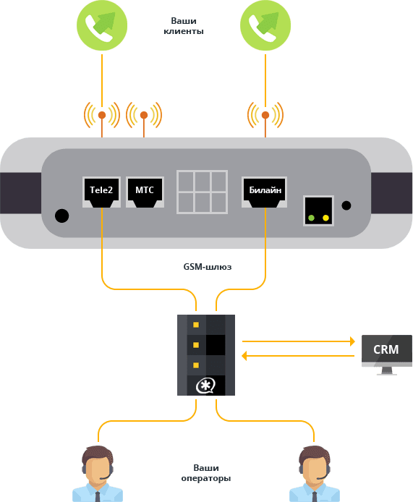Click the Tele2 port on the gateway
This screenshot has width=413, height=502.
(101, 192)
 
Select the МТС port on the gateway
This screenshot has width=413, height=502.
(145, 192)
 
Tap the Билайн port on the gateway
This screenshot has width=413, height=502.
(265, 192)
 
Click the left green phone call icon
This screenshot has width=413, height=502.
(102, 25)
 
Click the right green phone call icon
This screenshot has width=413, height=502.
(265, 25)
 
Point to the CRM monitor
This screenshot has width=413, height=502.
(387, 354)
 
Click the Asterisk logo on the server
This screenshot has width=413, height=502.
(205, 386)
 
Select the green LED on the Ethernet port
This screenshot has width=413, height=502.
(311, 218)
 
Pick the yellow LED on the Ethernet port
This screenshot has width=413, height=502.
(326, 218)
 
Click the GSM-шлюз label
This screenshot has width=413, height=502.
(208, 267)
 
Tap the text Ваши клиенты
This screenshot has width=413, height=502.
(184, 26)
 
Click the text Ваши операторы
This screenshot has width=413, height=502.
(206, 473)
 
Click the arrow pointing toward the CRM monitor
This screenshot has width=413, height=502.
(299, 341)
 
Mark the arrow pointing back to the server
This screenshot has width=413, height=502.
(298, 356)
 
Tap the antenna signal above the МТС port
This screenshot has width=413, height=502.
(144, 115)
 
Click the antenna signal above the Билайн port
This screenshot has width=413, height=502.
(265, 115)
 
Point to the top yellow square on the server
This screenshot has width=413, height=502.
(196, 325)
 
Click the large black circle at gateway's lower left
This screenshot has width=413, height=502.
(61, 216)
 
